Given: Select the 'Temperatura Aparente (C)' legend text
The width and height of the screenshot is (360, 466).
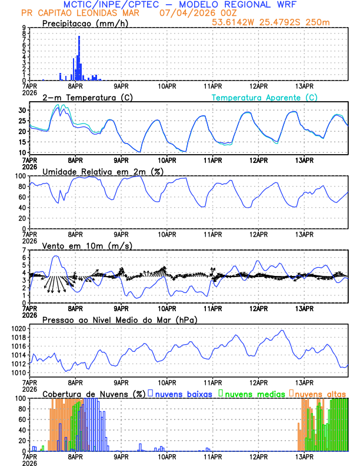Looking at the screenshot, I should click(x=264, y=98).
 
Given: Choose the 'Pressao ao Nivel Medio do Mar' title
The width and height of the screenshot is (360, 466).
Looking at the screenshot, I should click(x=119, y=319).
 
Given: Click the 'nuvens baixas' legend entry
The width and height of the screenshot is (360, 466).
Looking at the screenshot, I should click(x=183, y=393).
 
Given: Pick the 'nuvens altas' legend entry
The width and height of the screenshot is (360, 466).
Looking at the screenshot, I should click(x=320, y=393).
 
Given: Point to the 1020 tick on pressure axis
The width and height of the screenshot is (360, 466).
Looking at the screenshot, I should click(x=20, y=328).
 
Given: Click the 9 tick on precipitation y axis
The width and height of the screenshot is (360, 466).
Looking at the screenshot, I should click(x=24, y=28).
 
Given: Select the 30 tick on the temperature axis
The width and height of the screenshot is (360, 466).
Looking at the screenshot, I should click(x=22, y=110).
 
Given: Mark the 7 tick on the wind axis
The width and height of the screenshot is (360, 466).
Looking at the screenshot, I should click(x=24, y=250).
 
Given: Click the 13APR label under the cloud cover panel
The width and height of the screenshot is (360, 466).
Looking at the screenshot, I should click(x=304, y=455).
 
